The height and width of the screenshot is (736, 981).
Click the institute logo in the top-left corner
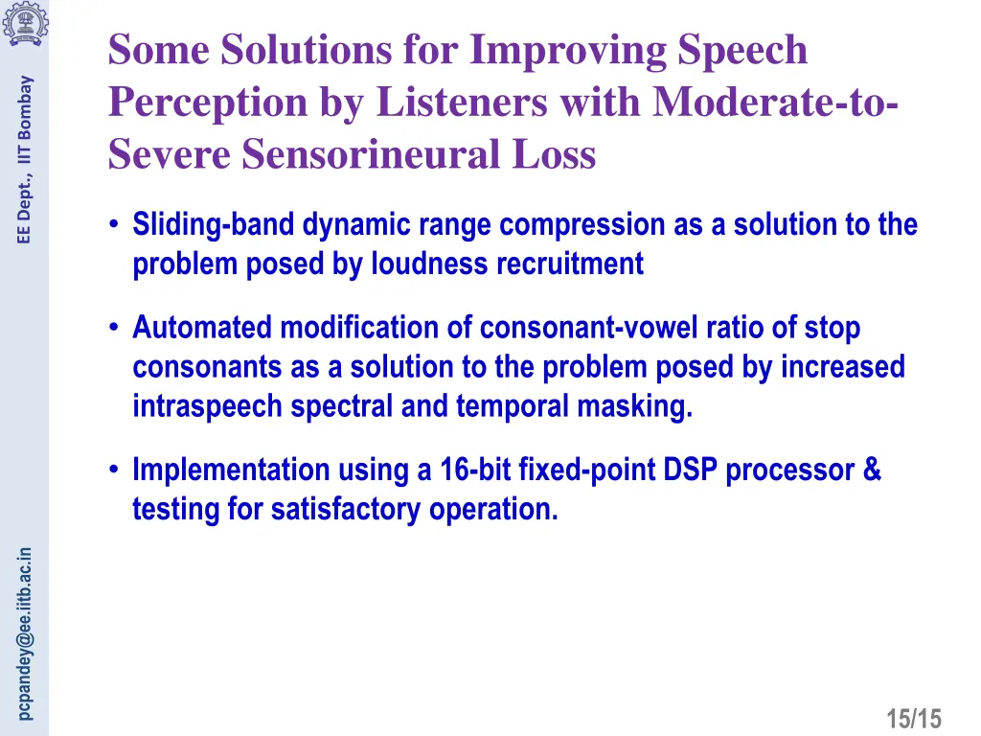[x=22, y=22]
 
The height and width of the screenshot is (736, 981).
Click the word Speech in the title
[x=742, y=50]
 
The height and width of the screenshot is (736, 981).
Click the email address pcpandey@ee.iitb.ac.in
[x=26, y=632]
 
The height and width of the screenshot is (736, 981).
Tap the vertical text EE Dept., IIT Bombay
[x=26, y=159]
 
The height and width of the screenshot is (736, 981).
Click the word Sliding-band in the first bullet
[x=215, y=225]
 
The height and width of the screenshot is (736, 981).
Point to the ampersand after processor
[x=871, y=470]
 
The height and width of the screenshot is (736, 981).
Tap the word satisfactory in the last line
[x=347, y=509]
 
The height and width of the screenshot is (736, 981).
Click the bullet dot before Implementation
[x=114, y=470]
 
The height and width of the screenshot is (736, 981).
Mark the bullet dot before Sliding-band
[x=114, y=225]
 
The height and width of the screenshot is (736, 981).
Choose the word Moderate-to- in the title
[x=775, y=102]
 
